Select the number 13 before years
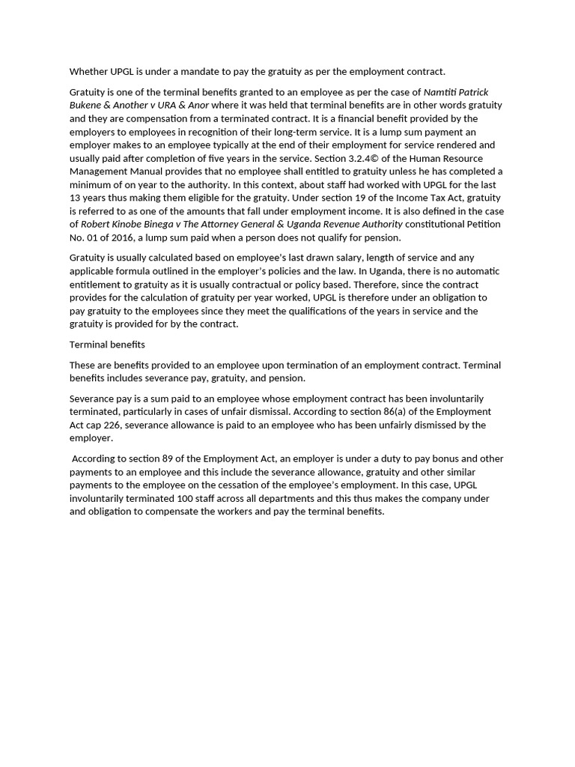click(x=76, y=198)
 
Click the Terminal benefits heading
click(x=107, y=345)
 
